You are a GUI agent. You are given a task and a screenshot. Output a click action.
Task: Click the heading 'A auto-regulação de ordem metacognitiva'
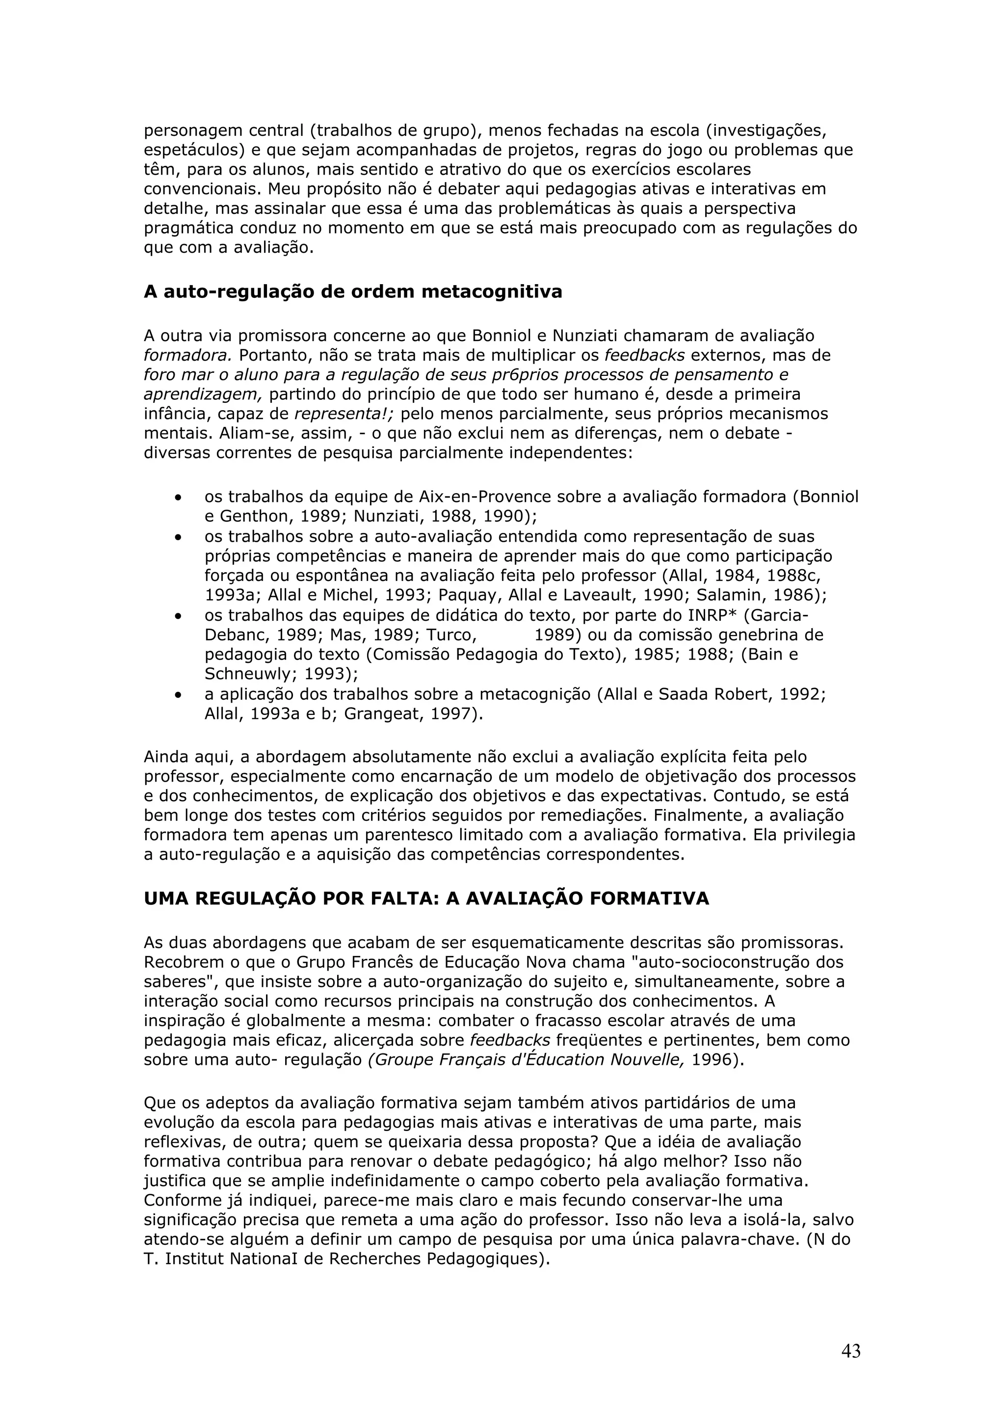click(x=353, y=291)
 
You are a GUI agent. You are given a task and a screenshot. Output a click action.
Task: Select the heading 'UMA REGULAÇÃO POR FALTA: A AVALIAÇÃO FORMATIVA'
click(x=426, y=898)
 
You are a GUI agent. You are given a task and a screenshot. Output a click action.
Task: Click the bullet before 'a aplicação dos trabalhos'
click(x=178, y=695)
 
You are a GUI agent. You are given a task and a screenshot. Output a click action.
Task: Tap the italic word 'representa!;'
click(x=353, y=414)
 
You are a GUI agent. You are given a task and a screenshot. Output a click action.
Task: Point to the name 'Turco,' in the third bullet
click(x=451, y=635)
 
